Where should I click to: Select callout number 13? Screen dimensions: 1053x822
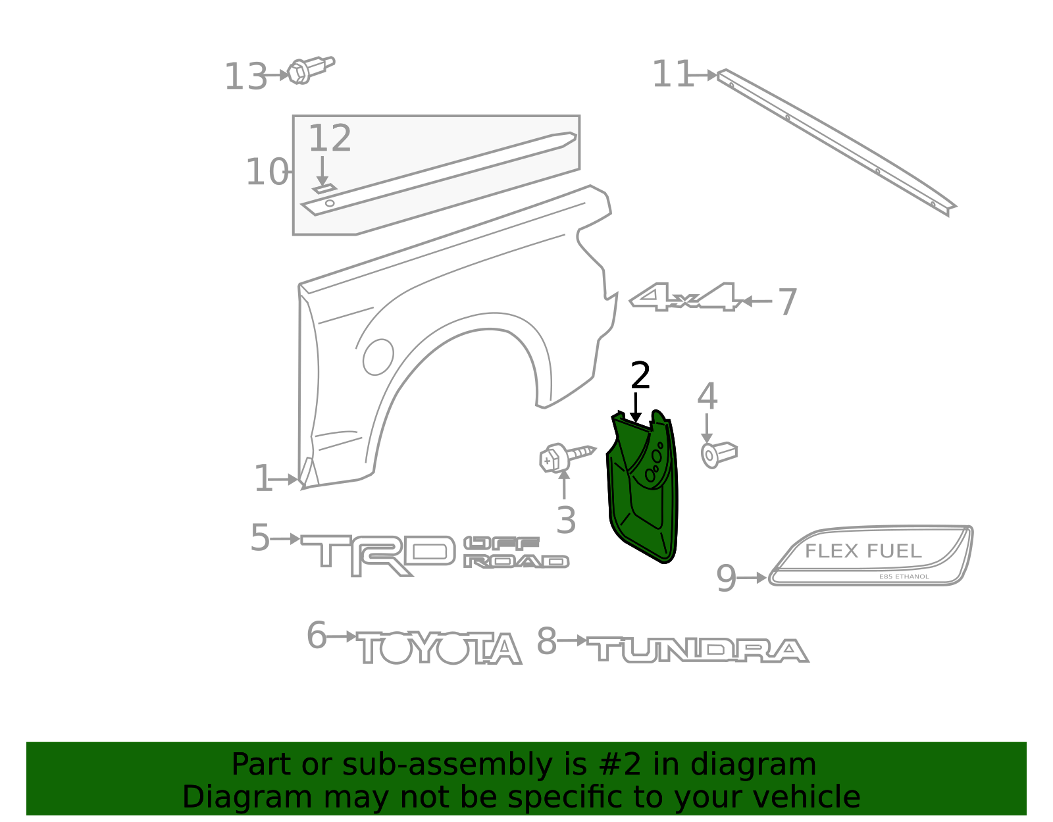coord(245,76)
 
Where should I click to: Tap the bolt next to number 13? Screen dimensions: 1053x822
coord(311,70)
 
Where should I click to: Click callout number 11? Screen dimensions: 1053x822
coord(672,74)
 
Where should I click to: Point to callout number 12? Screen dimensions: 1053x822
coord(330,138)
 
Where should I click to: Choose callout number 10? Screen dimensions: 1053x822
coord(267,172)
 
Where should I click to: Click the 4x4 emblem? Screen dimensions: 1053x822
coord(684,297)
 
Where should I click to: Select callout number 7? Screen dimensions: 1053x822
coord(788,302)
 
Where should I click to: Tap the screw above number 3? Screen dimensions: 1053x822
coord(567,457)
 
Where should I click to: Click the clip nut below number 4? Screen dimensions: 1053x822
coord(719,455)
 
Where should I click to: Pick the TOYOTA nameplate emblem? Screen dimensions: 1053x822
coord(438,647)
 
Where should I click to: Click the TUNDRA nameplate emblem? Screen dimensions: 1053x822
coord(698,650)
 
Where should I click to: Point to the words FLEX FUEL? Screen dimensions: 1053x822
coord(863,551)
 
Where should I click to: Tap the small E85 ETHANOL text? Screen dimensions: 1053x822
coord(904,577)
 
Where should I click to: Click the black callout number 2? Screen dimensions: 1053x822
coord(640,374)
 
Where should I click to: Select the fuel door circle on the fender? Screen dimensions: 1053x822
coord(378,357)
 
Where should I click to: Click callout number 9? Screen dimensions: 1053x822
coord(727,578)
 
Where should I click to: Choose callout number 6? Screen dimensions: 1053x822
coord(317,635)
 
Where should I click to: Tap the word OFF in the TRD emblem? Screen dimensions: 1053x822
coord(501,543)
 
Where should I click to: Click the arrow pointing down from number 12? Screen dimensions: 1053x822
coord(322,171)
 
